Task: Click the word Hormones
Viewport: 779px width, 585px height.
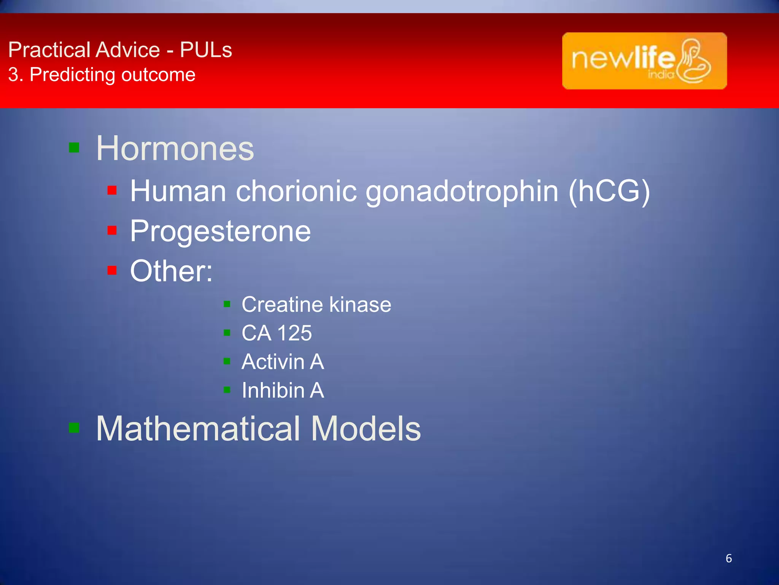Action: pyautogui.click(x=175, y=149)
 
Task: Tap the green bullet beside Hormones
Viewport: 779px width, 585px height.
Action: pyautogui.click(x=74, y=147)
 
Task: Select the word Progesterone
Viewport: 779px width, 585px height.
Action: pyautogui.click(x=220, y=231)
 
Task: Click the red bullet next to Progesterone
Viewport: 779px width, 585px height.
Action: pyautogui.click(x=112, y=230)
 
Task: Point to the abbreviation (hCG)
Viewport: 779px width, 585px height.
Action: pyautogui.click(x=609, y=191)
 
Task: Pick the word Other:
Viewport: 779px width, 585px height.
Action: pyautogui.click(x=171, y=271)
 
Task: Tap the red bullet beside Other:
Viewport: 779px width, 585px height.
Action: pyautogui.click(x=112, y=270)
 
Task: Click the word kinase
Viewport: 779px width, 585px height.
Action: pyautogui.click(x=360, y=305)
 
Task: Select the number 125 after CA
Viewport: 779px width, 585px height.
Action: pyautogui.click(x=295, y=333)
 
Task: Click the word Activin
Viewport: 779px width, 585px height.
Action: pyautogui.click(x=273, y=362)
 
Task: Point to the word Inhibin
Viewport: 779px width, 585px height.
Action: pyautogui.click(x=273, y=390)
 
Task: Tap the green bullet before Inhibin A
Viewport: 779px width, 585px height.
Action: pyautogui.click(x=227, y=390)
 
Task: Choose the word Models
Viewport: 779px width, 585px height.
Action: pyautogui.click(x=366, y=429)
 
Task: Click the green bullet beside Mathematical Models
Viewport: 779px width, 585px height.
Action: pyautogui.click(x=74, y=428)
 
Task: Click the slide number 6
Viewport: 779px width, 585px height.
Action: pyautogui.click(x=728, y=558)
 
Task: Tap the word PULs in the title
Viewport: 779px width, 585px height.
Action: pyautogui.click(x=206, y=50)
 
